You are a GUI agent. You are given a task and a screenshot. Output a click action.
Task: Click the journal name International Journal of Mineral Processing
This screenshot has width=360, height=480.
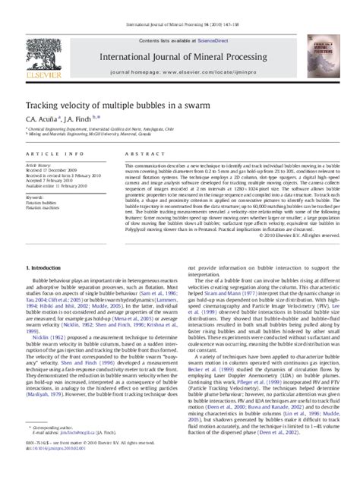(180, 36)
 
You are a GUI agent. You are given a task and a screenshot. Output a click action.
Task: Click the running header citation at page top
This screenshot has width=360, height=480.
(180, 6)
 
